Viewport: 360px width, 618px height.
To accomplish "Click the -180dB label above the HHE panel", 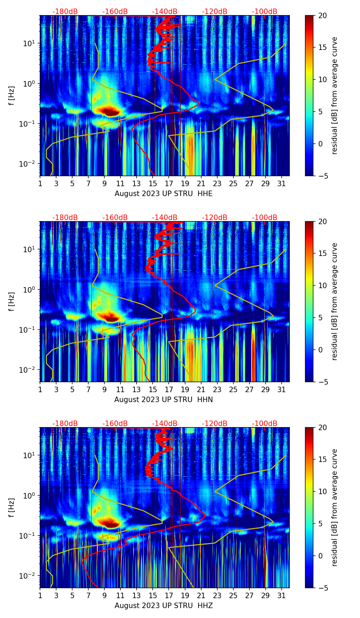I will (65, 12).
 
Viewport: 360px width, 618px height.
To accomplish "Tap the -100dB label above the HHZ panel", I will (265, 424).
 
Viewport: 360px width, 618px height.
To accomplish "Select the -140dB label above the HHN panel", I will (165, 218).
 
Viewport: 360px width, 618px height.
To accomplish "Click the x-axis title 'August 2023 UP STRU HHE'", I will (164, 194).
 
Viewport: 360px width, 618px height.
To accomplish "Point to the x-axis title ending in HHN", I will (164, 400).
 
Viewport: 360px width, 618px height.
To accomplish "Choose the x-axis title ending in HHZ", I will (164, 606).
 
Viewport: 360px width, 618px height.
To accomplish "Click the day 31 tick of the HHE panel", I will (282, 183).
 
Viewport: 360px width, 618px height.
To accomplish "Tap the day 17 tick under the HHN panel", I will (169, 389).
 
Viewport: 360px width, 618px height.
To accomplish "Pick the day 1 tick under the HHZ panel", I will (40, 595).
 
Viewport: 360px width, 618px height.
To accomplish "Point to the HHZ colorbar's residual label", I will (334, 507).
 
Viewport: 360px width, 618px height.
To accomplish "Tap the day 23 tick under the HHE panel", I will (217, 183).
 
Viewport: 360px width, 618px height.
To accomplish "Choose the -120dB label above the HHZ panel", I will (215, 424).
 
